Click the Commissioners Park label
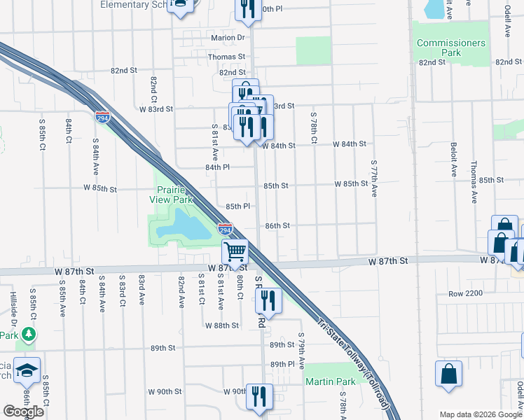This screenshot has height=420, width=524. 450,48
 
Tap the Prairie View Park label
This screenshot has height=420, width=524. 174,195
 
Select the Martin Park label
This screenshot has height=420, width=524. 330,381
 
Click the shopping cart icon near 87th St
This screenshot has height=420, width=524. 236,251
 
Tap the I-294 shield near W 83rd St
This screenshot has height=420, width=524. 102,116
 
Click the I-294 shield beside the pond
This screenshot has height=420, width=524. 225,229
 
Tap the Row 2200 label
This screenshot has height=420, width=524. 466,293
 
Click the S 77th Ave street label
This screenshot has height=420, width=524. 374,177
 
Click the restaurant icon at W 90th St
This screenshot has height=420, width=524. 260,395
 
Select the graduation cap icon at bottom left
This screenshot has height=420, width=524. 27,371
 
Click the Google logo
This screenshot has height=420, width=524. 24,412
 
